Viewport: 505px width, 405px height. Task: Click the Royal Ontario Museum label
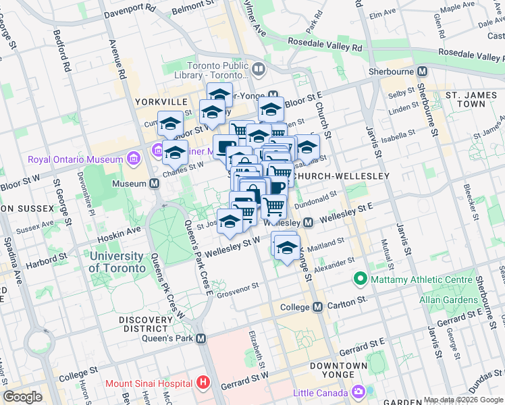(x=74, y=160)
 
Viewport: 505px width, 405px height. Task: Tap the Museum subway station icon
(x=155, y=184)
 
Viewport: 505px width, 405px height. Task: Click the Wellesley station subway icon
(x=309, y=222)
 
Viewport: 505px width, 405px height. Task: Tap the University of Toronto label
(x=117, y=262)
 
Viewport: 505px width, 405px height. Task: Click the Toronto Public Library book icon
(x=259, y=69)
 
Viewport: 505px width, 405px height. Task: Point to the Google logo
(x=22, y=397)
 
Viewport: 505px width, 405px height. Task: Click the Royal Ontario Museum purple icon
(x=133, y=160)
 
